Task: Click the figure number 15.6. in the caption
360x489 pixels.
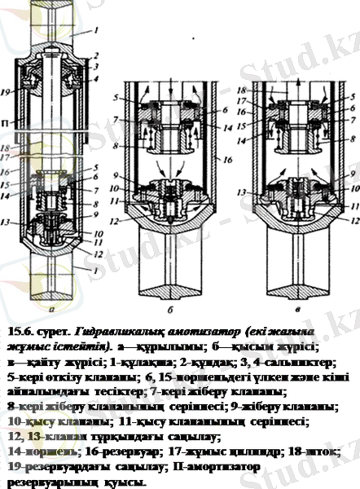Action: [20, 332]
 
